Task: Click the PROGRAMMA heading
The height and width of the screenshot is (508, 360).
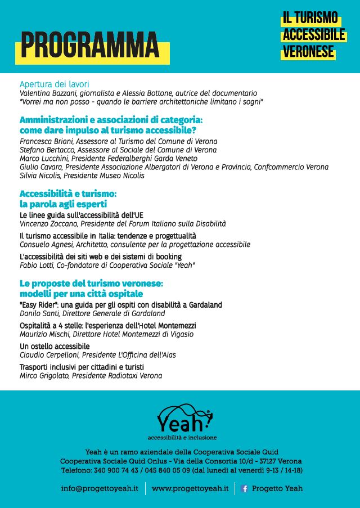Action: point(90,46)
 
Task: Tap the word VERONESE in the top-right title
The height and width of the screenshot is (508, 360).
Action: point(309,52)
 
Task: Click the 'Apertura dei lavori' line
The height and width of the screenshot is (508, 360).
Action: point(55,84)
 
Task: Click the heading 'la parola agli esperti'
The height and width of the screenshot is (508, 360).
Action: point(63,204)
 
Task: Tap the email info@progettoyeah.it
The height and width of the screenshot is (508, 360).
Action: point(100,488)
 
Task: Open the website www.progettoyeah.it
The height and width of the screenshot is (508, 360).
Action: point(190,488)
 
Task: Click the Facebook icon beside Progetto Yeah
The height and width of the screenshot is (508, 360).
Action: point(244,489)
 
